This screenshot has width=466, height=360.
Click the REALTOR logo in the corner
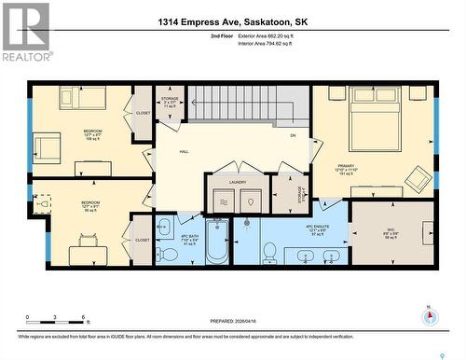[25, 32]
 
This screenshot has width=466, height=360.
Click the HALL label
[184, 151]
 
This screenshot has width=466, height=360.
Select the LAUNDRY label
[238, 182]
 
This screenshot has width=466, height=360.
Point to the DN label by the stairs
[292, 136]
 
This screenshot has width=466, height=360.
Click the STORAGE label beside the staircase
[170, 99]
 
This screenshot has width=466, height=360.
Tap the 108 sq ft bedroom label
[91, 133]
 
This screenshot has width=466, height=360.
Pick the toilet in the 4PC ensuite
[268, 251]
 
